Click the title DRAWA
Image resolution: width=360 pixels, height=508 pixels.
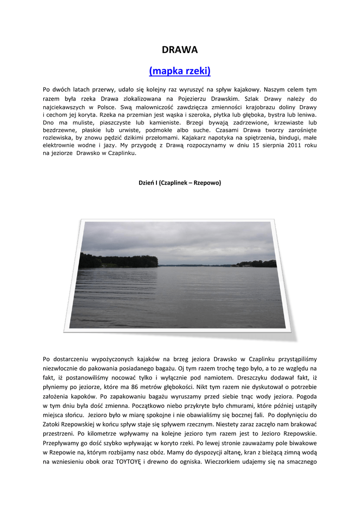pyautogui.click(x=180, y=50)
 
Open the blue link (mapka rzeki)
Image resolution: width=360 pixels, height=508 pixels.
pyautogui.click(x=180, y=71)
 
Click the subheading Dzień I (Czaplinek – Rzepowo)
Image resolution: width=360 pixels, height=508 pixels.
pyautogui.click(x=180, y=183)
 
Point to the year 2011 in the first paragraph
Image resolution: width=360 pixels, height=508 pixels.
pyautogui.click(x=292, y=145)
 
